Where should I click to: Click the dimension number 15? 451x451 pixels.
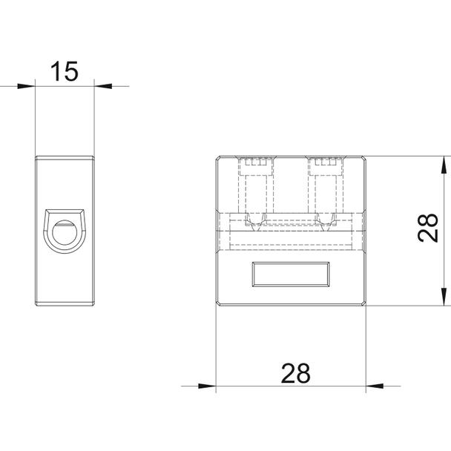click(x=64, y=71)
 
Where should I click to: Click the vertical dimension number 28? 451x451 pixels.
click(x=428, y=228)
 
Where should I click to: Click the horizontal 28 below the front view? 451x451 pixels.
click(x=296, y=373)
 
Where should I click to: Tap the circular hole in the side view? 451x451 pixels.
click(x=65, y=232)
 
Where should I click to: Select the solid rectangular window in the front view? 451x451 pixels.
click(x=291, y=274)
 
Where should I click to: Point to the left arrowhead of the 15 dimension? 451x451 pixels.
click(x=26, y=86)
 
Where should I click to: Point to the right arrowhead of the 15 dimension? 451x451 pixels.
click(x=103, y=86)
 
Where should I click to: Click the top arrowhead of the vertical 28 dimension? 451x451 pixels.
click(x=444, y=165)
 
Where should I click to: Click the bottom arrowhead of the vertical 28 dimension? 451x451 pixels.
click(x=444, y=297)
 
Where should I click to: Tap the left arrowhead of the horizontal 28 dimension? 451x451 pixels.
click(x=207, y=386)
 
